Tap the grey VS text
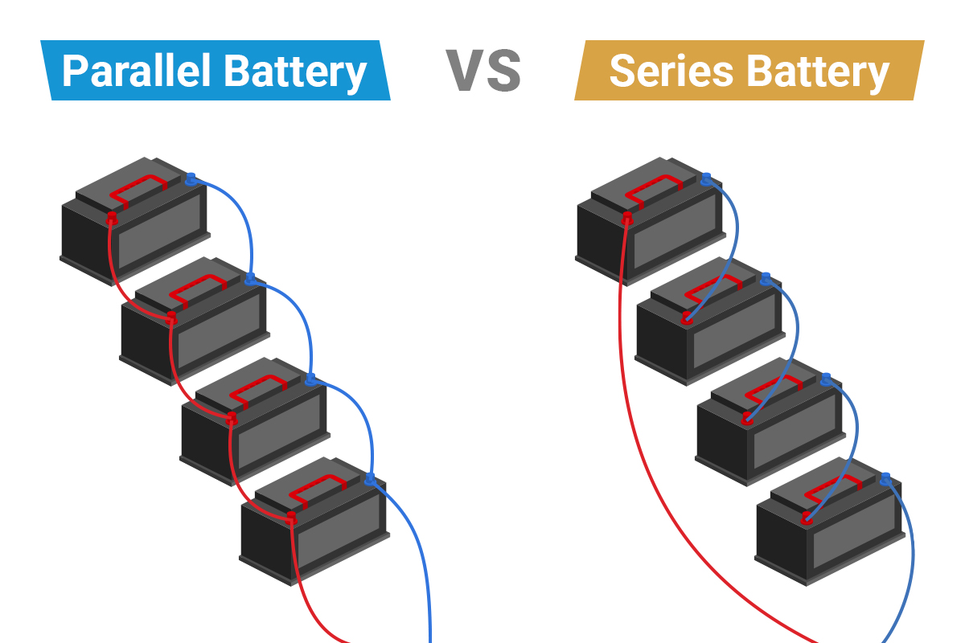[x=483, y=71]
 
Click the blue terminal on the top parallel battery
[x=191, y=179]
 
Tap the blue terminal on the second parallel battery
[x=250, y=279]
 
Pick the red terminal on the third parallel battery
[x=232, y=418]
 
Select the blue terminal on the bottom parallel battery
[x=370, y=480]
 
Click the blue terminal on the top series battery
[x=706, y=179]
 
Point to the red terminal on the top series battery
[x=627, y=218]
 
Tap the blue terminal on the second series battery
[x=766, y=279]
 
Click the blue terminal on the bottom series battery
[x=885, y=480]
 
